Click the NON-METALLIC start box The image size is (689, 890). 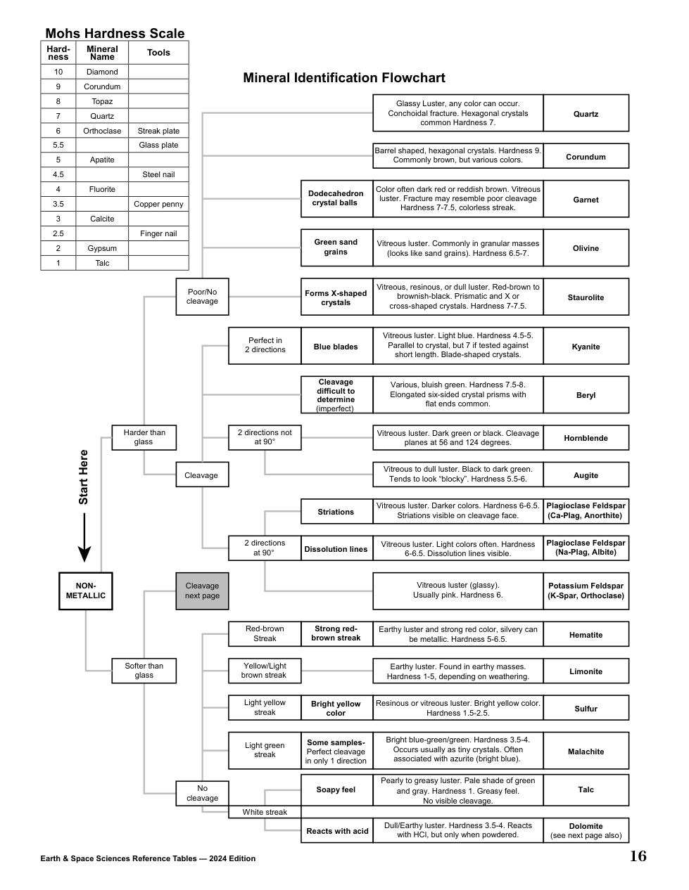point(85,591)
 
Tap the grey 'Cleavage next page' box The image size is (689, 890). point(202,591)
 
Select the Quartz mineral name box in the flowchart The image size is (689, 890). point(586,113)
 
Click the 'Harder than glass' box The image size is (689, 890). point(144,437)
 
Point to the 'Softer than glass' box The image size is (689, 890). point(144,671)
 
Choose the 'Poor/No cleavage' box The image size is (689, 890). point(202,297)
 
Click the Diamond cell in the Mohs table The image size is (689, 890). point(102,72)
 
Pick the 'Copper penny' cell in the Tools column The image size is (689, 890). point(158,204)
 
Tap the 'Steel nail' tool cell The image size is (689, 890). point(158,174)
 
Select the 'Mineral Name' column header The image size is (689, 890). point(102,53)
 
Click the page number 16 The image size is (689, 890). point(638,856)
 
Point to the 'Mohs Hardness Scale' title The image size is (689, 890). point(115,33)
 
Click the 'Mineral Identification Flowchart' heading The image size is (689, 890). point(344,77)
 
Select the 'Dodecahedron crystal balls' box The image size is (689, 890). point(336,198)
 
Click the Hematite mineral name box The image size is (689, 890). point(586,635)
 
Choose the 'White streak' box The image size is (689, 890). point(265,812)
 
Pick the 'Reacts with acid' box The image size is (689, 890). point(337,831)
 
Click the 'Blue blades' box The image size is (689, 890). point(336,347)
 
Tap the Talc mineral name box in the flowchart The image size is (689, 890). point(586,789)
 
